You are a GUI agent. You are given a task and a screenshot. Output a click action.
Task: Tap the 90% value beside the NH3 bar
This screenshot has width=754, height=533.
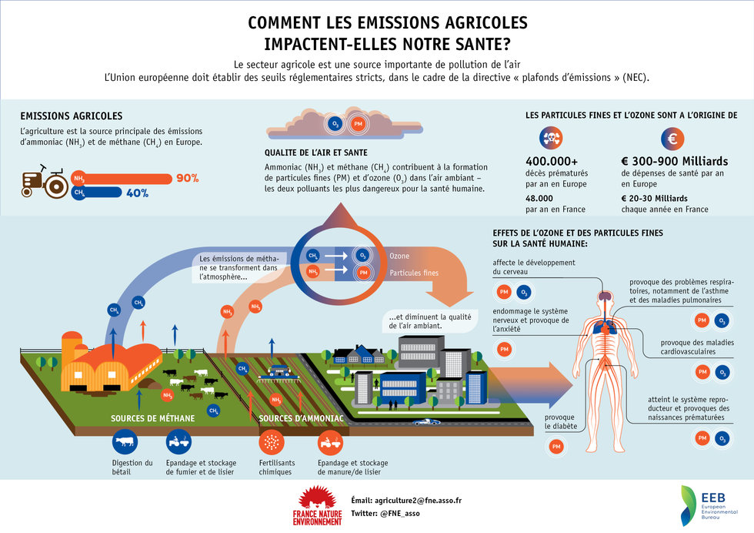(x=188, y=179)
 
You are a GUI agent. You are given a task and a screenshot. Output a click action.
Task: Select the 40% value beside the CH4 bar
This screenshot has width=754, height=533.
(x=137, y=193)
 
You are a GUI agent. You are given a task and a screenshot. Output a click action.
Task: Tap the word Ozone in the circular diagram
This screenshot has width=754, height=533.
(x=399, y=256)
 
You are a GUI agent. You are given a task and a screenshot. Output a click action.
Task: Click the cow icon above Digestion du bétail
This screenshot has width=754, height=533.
(x=125, y=442)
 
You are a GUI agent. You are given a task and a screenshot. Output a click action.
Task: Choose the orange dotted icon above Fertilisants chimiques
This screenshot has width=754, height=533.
(x=269, y=442)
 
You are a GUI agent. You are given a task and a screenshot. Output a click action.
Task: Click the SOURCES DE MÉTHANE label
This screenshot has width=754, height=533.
(x=148, y=418)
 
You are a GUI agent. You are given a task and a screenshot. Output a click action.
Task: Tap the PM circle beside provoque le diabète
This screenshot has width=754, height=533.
(x=556, y=447)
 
